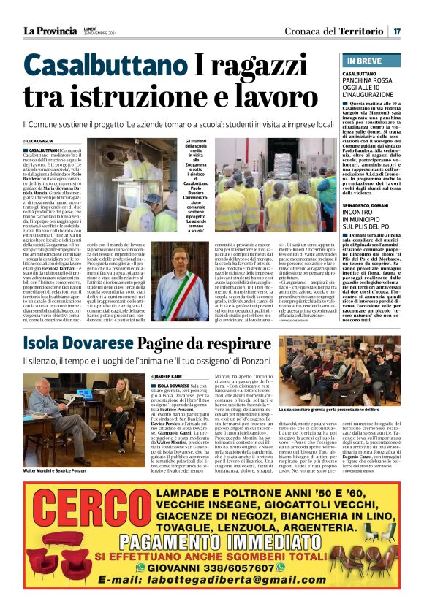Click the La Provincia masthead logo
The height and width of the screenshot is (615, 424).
50,31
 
